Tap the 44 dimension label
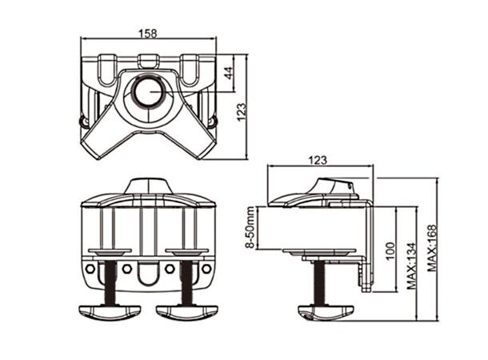coord(229,72)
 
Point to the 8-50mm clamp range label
coord(250,227)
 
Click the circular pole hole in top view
coord(148,91)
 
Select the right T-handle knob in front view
coord(187,310)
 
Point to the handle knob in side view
coord(326,311)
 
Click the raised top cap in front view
coord(148,186)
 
